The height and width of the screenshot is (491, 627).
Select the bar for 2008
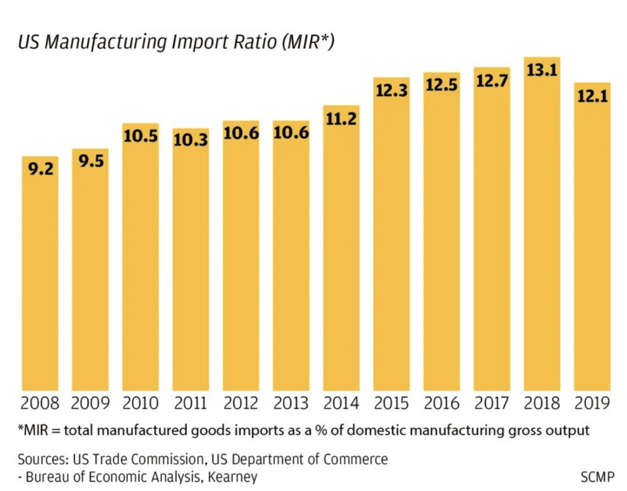(40, 274)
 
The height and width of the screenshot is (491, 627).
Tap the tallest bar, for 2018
(542, 228)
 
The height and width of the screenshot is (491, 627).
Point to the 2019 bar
(592, 240)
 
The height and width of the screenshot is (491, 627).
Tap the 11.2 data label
(341, 120)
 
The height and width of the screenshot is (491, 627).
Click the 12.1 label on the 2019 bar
(592, 96)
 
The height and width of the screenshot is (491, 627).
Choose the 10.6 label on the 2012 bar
(241, 135)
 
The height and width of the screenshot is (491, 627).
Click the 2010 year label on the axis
(140, 404)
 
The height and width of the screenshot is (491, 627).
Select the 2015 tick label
(392, 404)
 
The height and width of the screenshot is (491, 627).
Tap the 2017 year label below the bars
(492, 404)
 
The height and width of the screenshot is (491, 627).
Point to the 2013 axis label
(291, 404)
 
